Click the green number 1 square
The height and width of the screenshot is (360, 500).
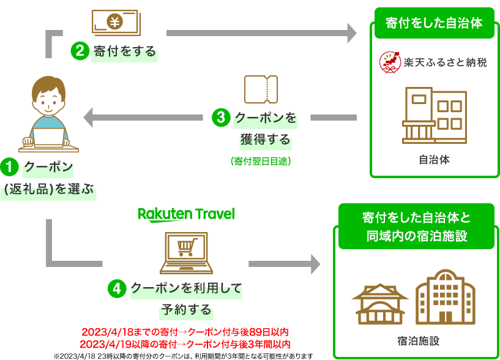[9, 167]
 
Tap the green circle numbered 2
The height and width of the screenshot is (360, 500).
[80, 51]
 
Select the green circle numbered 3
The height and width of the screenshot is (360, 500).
[220, 117]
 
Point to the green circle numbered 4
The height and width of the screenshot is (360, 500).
[116, 288]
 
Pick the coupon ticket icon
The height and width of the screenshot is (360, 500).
[261, 89]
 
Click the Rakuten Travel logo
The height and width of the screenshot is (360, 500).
[186, 214]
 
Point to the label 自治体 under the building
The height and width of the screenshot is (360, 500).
[435, 160]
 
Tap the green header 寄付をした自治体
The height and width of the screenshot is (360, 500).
[434, 23]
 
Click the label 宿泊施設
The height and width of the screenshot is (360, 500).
[418, 340]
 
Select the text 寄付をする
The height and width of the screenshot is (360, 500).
[125, 51]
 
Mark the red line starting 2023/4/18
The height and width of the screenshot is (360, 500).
[185, 332]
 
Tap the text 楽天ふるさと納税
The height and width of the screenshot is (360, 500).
[445, 62]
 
